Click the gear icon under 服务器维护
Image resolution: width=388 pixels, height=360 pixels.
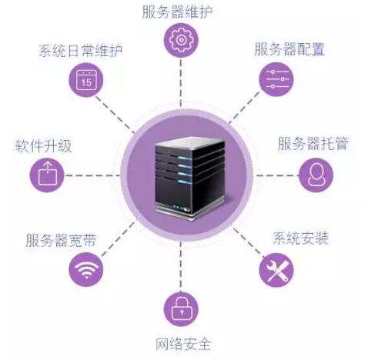point(181,40)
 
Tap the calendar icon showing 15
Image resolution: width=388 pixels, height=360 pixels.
point(86,80)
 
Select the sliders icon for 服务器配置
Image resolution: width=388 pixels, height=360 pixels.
point(276,79)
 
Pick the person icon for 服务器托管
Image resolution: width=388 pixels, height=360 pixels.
point(316,175)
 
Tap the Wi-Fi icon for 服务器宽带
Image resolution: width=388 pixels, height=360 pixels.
point(86,269)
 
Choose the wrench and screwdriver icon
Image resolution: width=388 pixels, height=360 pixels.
point(276,270)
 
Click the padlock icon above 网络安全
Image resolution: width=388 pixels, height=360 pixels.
point(181,309)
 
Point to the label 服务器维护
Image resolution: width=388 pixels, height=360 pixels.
point(177,12)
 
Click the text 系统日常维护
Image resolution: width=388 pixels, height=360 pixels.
point(80,50)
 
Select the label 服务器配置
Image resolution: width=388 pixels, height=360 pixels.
point(289,49)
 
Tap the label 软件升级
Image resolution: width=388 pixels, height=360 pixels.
point(43,146)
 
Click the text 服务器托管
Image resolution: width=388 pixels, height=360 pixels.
point(313,144)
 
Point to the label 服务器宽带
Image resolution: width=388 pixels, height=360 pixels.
point(61,241)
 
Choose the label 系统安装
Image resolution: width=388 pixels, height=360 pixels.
point(300,238)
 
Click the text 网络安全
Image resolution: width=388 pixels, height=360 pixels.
point(183,344)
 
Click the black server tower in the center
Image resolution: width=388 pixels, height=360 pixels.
point(190,178)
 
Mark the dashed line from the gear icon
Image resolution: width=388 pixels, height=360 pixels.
point(181,82)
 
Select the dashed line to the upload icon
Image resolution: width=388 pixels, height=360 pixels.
point(92,175)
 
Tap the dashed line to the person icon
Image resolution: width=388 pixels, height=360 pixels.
point(278,175)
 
